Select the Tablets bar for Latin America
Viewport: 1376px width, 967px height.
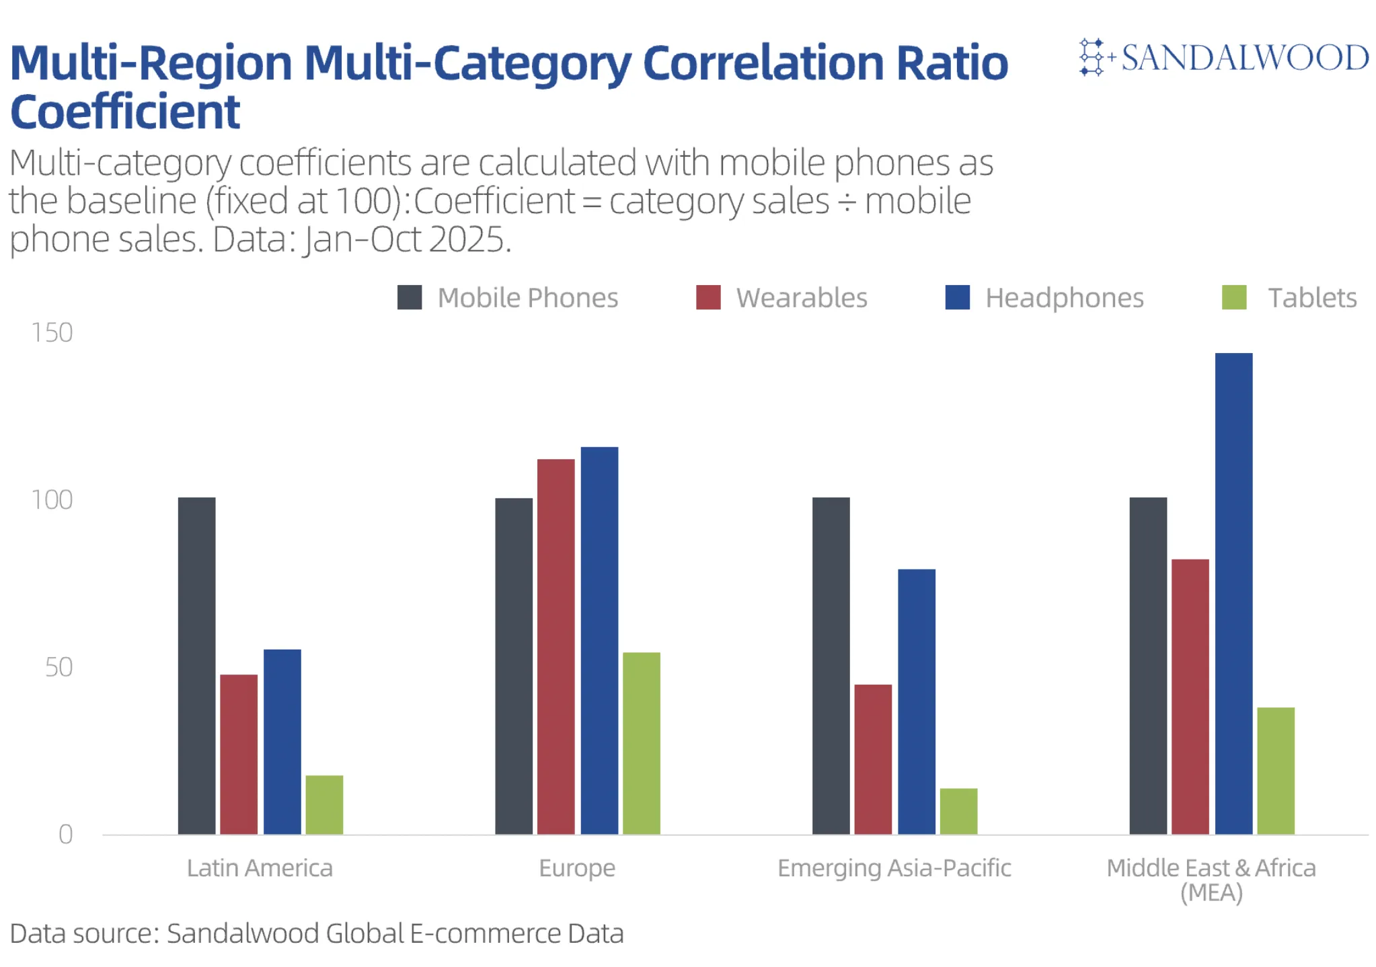click(324, 805)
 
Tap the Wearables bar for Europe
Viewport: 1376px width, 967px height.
click(556, 646)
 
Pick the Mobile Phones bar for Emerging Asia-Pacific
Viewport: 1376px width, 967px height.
click(831, 666)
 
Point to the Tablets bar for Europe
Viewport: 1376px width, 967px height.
click(641, 743)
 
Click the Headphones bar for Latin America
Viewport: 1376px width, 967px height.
click(282, 742)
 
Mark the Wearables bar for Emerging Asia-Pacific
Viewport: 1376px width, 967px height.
click(873, 759)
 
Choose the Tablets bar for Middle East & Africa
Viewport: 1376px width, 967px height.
click(1275, 771)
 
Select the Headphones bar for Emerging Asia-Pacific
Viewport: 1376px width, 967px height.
click(916, 701)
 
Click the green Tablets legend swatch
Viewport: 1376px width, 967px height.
click(1233, 297)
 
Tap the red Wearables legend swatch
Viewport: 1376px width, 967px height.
click(708, 297)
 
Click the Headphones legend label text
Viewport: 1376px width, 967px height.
click(1064, 298)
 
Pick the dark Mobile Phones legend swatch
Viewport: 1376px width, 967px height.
click(410, 297)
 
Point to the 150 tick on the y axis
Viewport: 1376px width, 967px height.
click(52, 333)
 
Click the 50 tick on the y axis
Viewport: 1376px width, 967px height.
click(59, 667)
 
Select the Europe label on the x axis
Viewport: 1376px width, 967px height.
click(577, 868)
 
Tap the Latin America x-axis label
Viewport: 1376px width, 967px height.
click(260, 868)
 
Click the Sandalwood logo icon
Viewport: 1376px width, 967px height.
click(1093, 57)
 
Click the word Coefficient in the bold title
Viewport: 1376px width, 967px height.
click(125, 112)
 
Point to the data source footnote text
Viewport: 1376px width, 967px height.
click(317, 933)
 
